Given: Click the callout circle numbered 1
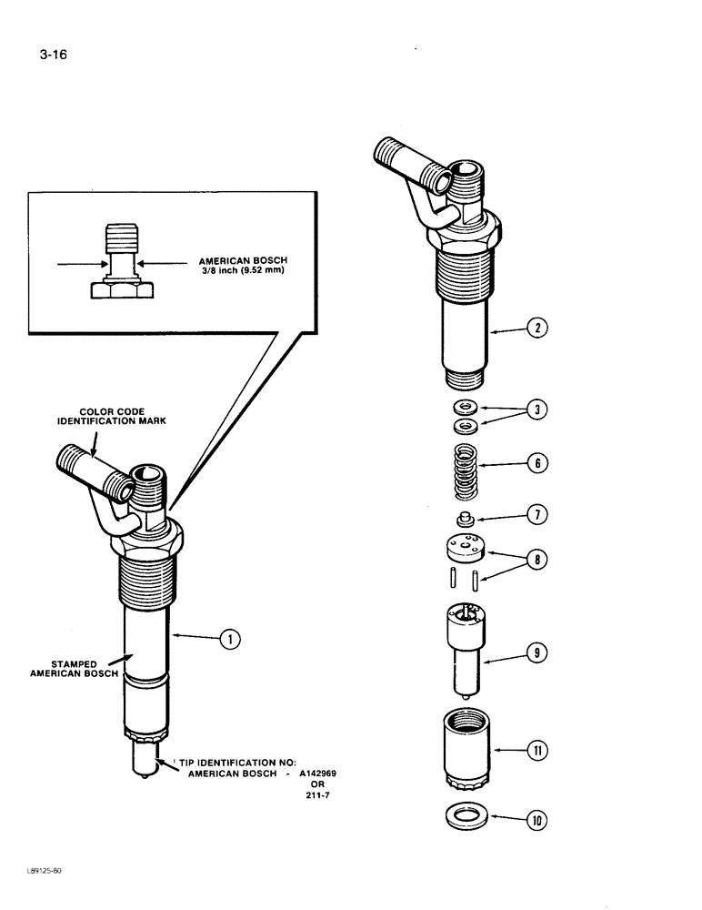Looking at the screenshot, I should pyautogui.click(x=231, y=639).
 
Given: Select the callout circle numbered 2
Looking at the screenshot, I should pyautogui.click(x=539, y=329).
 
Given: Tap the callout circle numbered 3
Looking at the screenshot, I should pyautogui.click(x=539, y=410).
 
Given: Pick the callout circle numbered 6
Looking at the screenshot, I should pyautogui.click(x=539, y=464).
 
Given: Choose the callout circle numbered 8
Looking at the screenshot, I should pyautogui.click(x=539, y=560).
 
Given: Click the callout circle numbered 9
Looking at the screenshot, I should pyautogui.click(x=539, y=652).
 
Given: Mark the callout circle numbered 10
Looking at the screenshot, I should pyautogui.click(x=539, y=820).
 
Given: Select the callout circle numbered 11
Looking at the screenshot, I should pyautogui.click(x=539, y=752).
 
